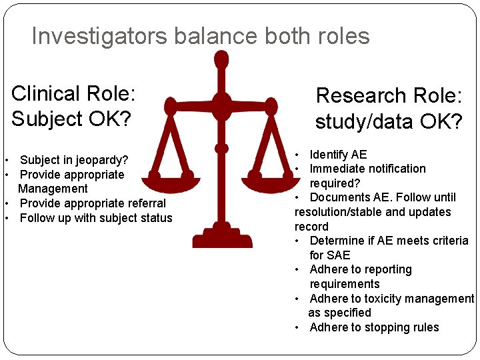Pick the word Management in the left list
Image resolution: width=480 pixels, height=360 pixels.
click(x=53, y=189)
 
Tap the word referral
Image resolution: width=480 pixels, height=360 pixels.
click(x=143, y=203)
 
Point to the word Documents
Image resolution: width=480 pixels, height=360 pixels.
click(x=339, y=197)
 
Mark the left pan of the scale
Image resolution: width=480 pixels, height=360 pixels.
click(x=169, y=177)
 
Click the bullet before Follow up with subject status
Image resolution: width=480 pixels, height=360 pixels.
click(x=6, y=219)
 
